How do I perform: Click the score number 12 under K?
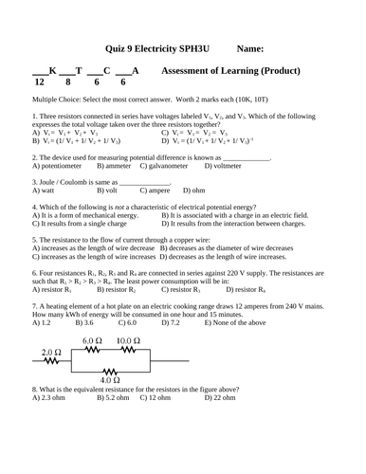point(39,82)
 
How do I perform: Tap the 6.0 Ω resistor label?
point(92,339)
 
